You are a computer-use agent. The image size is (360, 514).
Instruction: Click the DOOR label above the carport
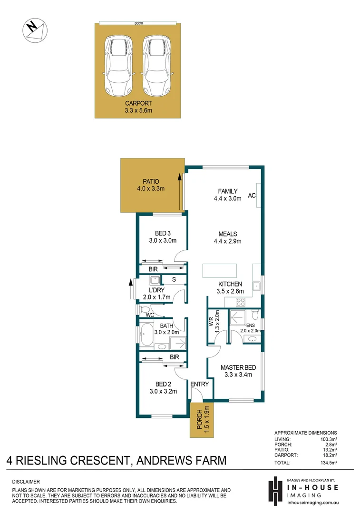tap(138, 22)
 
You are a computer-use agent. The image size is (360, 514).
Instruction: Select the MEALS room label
tap(228, 234)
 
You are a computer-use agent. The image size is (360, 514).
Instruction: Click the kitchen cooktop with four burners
tap(241, 301)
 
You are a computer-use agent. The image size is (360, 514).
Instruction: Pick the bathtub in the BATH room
tap(146, 335)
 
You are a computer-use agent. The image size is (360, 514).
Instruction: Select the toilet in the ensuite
tap(255, 315)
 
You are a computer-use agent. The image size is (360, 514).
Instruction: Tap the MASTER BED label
tap(238, 367)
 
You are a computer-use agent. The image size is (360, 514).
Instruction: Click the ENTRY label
tap(199, 384)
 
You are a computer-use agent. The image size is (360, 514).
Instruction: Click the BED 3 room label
tap(163, 233)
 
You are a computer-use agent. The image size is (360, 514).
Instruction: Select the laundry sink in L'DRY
tap(154, 280)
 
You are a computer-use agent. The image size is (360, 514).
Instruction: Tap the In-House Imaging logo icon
tap(274, 490)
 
